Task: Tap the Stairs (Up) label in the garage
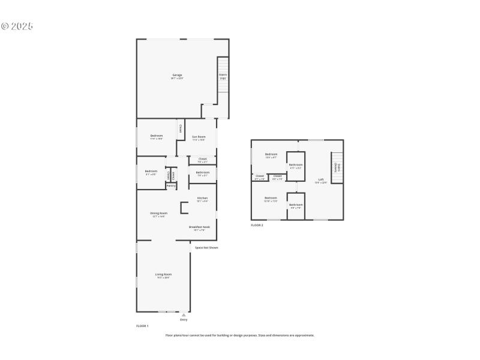[x=223, y=76]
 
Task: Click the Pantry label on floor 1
[x=171, y=186]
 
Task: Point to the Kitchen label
[x=202, y=199]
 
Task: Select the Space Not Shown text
[x=206, y=247]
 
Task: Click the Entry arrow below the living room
[x=184, y=314]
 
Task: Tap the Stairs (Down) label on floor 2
[x=337, y=168]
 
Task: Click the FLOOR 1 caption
[x=142, y=325]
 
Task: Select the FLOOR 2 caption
[x=257, y=225]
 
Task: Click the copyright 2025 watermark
[x=17, y=26]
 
